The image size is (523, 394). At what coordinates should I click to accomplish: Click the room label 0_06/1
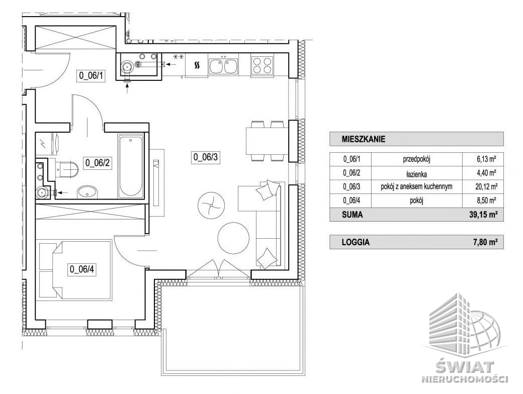91,76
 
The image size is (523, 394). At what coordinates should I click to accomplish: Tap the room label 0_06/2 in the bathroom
98,163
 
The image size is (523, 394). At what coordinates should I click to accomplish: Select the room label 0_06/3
206,157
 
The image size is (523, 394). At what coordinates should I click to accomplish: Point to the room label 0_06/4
82,269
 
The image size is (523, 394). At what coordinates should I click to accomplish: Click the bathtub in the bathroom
131,166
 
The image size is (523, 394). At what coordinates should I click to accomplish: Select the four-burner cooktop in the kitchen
262,65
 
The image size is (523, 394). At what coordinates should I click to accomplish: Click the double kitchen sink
223,66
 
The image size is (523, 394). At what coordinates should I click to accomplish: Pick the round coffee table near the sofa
233,238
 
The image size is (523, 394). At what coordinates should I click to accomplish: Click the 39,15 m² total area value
481,215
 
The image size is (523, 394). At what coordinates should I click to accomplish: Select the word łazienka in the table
416,174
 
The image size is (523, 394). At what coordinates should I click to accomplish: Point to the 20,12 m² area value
486,186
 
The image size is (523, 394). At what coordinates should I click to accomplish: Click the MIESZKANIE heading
363,139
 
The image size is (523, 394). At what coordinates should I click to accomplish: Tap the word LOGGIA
356,242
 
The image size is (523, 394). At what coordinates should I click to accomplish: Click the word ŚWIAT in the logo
465,367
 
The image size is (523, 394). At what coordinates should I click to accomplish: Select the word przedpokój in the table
416,159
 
